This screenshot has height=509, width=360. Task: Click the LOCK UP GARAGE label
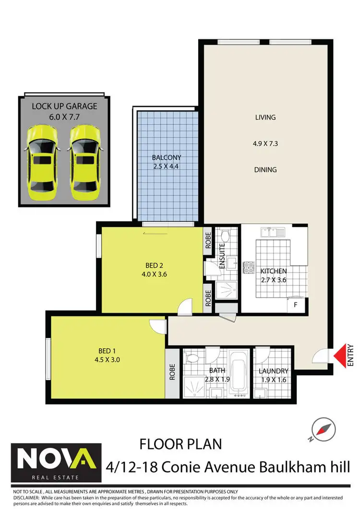pos(64,106)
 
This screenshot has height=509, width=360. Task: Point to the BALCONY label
pos(167,157)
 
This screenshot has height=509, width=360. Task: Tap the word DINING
pos(265,170)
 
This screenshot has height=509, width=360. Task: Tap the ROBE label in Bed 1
pos(171,370)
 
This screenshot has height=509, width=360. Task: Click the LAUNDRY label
pos(273,371)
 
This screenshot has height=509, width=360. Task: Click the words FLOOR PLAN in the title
pos(181,444)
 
